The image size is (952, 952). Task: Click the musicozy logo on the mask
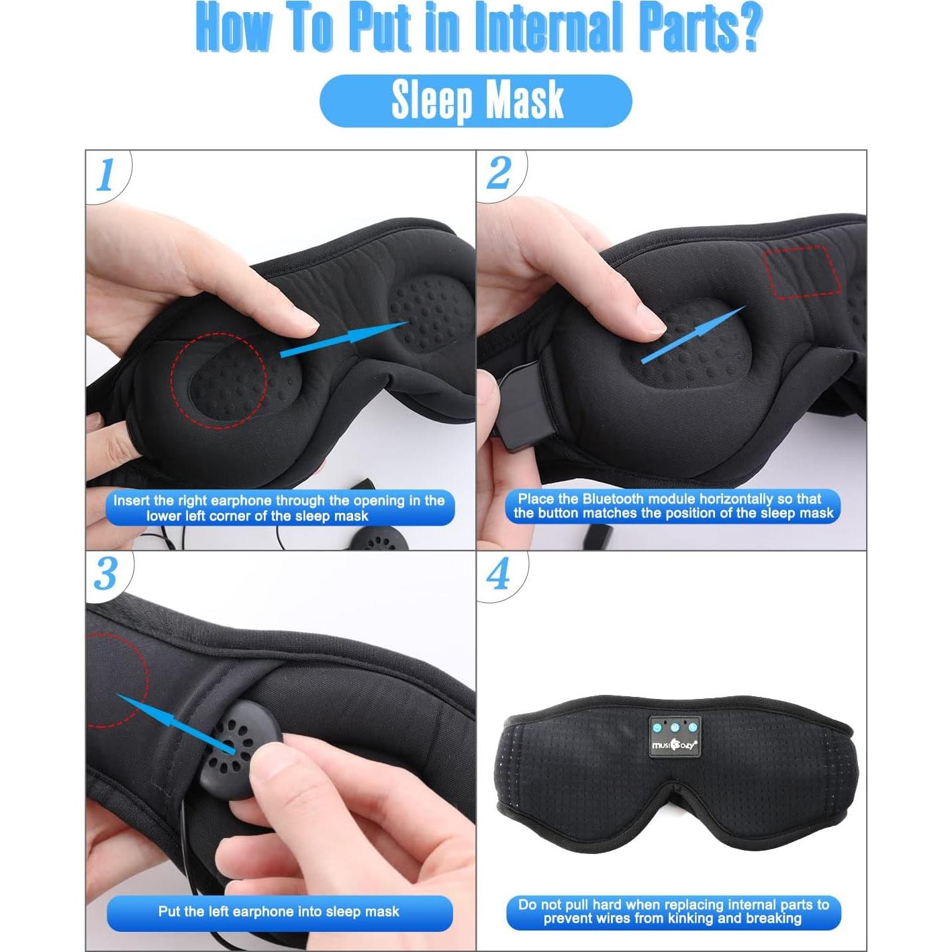(x=674, y=744)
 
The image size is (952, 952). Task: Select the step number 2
(x=498, y=173)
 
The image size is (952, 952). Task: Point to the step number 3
(x=105, y=575)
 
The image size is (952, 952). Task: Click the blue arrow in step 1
(x=344, y=339)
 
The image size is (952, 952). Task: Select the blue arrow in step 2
(x=694, y=334)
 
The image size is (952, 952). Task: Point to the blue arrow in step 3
(x=176, y=724)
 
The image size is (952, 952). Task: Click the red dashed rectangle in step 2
(x=802, y=272)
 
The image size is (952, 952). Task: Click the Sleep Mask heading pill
(x=476, y=101)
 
